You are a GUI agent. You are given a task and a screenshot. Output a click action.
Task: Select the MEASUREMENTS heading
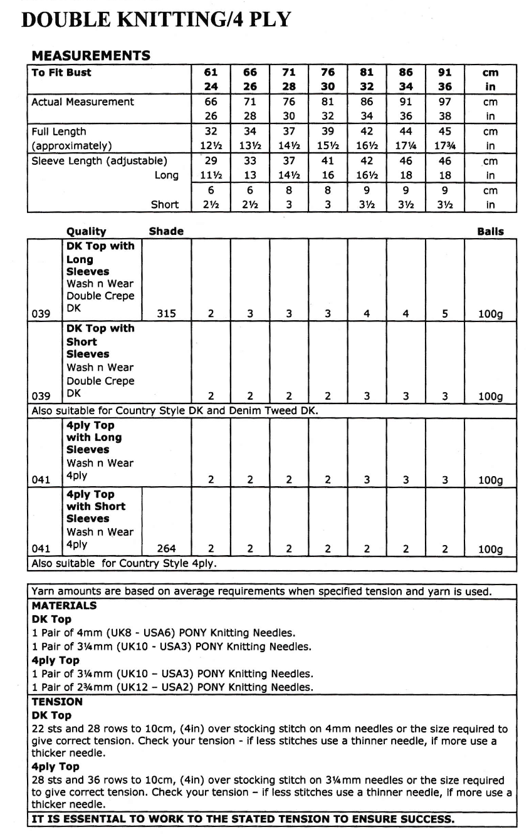[91, 55]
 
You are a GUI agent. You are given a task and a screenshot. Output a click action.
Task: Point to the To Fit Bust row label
[61, 73]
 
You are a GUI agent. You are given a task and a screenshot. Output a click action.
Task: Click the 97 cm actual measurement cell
[444, 102]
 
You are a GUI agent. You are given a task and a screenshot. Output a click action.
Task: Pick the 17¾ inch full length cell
[444, 146]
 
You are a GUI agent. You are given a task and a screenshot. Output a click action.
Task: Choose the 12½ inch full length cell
[211, 146]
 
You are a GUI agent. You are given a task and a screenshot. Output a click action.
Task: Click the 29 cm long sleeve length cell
[211, 161]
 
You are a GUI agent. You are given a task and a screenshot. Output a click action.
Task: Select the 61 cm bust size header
[211, 73]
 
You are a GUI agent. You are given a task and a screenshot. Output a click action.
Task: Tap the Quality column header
[86, 231]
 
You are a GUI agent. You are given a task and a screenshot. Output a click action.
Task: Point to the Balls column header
[490, 231]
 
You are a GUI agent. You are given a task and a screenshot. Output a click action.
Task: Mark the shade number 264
[166, 549]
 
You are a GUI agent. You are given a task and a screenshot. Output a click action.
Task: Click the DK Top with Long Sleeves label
[100, 259]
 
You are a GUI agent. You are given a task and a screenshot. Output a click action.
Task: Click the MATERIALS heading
[64, 606]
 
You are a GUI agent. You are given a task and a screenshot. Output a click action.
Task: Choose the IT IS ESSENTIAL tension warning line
[243, 819]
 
